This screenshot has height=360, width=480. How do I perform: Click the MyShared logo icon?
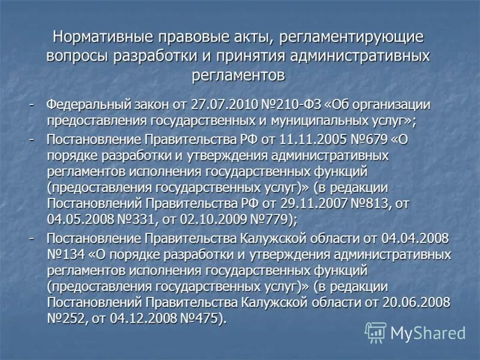click(x=376, y=332)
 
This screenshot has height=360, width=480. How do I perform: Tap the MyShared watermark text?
click(x=428, y=332)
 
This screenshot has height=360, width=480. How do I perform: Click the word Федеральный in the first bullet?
click(x=88, y=104)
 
